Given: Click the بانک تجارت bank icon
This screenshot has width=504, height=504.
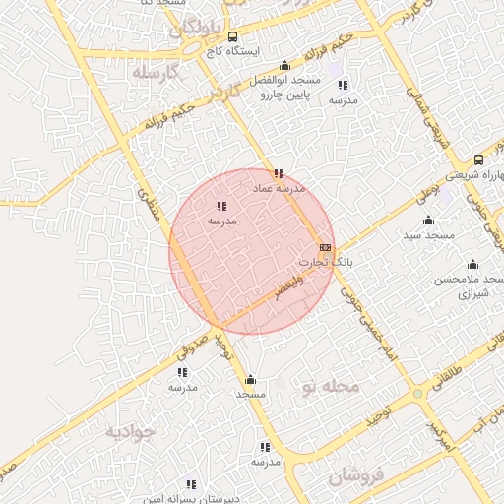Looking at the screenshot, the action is [x=326, y=247].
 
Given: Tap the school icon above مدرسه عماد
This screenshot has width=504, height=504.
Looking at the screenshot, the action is [x=279, y=172].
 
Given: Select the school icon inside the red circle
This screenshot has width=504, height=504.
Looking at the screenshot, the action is [x=221, y=207].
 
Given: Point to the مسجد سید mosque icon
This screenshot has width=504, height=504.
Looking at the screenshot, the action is [x=428, y=220].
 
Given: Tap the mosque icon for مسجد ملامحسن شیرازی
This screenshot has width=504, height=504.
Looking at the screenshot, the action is [x=472, y=265].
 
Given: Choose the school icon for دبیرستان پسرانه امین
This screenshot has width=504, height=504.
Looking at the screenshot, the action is [x=191, y=485].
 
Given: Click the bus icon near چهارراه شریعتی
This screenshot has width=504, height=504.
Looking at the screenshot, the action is [x=478, y=159].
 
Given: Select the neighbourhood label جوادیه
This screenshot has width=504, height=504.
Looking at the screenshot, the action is [x=132, y=432].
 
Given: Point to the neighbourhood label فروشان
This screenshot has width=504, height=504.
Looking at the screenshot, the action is [x=352, y=477].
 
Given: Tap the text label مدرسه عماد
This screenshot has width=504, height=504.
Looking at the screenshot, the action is [x=280, y=187].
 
